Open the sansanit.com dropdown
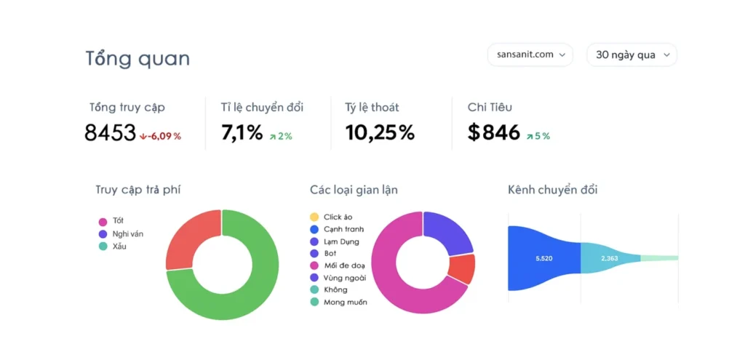click(x=530, y=55)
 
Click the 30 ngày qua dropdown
click(x=632, y=55)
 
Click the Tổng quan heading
click(x=138, y=58)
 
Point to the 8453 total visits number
click(x=110, y=133)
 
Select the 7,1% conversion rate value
click(x=242, y=133)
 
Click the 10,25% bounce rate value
click(x=379, y=133)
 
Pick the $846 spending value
click(x=494, y=133)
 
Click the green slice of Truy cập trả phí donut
click(x=247, y=291)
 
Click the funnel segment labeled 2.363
click(x=610, y=258)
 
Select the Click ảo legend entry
click(x=337, y=217)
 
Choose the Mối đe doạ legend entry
click(x=344, y=265)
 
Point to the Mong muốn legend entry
click(x=344, y=302)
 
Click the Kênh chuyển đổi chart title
click(x=552, y=190)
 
